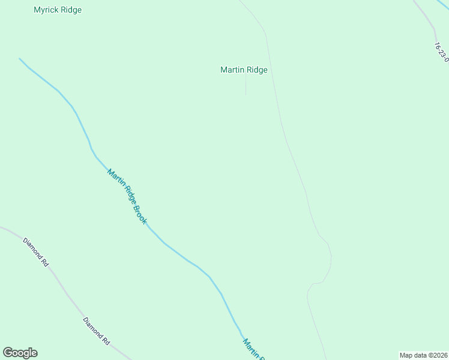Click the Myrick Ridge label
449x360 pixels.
[x=58, y=10]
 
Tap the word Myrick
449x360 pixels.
[x=46, y=10]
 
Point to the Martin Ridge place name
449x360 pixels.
[x=244, y=70]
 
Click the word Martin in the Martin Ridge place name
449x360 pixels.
[x=232, y=70]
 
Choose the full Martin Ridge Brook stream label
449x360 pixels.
[x=127, y=197]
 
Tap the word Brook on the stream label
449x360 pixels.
[x=139, y=214]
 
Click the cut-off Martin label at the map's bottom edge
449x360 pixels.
[x=253, y=349]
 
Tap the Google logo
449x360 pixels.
[x=20, y=353]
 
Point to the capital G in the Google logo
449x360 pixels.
[x=8, y=353]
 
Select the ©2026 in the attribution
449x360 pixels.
[x=438, y=355]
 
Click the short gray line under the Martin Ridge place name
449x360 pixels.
[x=246, y=86]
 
